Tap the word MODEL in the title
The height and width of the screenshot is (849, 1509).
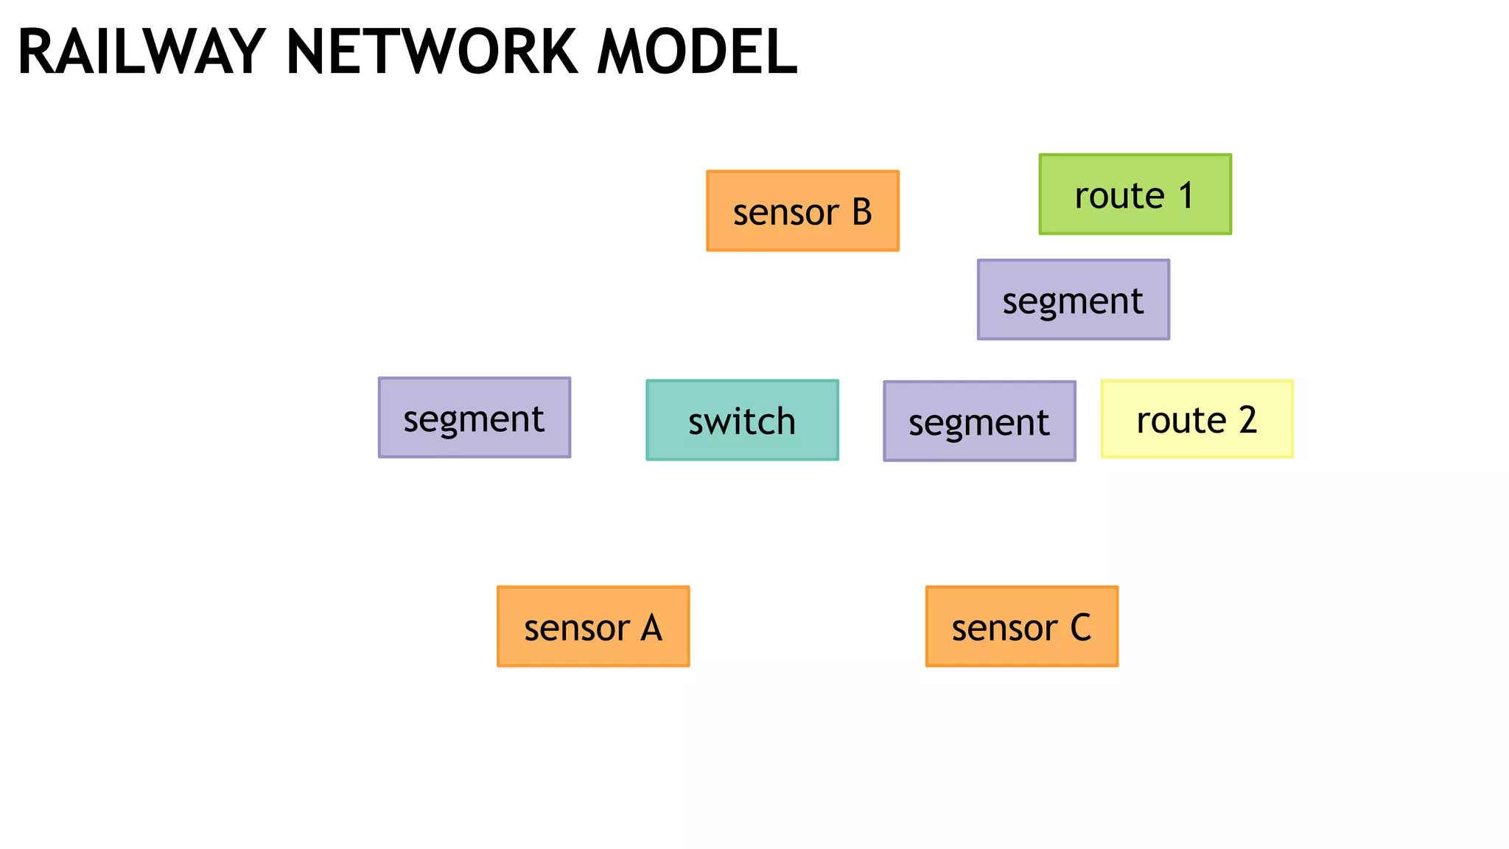coord(697,53)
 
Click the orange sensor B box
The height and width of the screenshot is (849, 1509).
coord(802,211)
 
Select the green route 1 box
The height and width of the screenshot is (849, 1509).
coord(1135,195)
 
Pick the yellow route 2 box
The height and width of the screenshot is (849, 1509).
coord(1197,419)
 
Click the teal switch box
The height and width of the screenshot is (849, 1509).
coord(742,420)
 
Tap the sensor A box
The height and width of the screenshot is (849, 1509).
coord(593,626)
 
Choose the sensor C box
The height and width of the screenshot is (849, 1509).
coord(1021,626)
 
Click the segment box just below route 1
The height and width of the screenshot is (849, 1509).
coord(1073,299)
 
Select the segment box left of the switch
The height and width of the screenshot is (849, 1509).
coord(474,418)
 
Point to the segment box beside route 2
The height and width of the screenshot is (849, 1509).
coord(979,421)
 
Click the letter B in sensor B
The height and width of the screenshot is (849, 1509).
coord(862,212)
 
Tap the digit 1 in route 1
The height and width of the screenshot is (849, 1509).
coord(1186,196)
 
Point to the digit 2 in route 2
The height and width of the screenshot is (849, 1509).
coord(1247,420)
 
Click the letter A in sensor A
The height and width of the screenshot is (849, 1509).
coord(651,629)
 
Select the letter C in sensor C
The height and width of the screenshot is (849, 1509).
coord(1080,629)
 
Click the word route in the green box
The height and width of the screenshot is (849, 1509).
coord(1118,197)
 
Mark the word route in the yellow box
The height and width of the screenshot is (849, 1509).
coord(1180,421)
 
